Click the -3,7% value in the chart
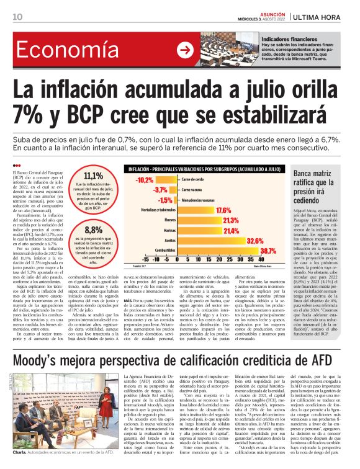tap(160, 189)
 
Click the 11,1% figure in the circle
tap(92, 176)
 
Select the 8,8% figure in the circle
tap(92, 230)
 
